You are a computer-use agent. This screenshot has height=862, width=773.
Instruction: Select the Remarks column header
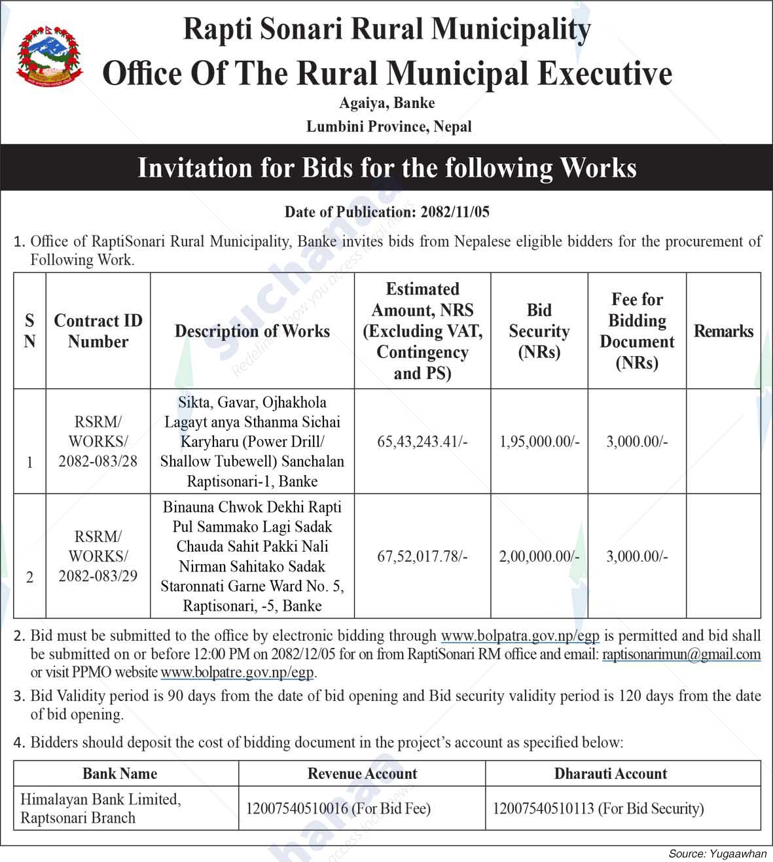click(723, 331)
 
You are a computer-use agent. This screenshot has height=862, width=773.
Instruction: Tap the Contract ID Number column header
click(98, 331)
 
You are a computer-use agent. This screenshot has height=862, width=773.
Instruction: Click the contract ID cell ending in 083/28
click(98, 441)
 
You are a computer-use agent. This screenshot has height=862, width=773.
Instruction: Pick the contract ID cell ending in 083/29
click(98, 556)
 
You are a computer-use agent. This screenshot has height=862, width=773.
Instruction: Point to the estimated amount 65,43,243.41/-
click(422, 442)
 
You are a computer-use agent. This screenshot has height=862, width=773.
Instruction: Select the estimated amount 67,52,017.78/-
click(422, 557)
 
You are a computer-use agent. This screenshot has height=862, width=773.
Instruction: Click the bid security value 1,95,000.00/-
click(539, 442)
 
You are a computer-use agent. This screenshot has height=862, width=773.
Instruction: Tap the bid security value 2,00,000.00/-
click(539, 557)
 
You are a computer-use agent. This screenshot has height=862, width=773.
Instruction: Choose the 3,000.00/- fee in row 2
click(637, 557)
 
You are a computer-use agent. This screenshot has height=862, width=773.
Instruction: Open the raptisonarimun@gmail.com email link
click(681, 655)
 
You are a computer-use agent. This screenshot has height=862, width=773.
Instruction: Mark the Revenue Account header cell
click(362, 774)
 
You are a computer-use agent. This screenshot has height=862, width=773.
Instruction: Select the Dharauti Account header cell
click(610, 774)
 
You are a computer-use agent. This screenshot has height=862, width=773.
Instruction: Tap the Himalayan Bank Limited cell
click(100, 808)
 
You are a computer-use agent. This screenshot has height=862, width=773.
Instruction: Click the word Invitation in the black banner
click(194, 168)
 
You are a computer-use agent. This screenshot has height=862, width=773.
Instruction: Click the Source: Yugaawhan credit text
click(717, 853)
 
